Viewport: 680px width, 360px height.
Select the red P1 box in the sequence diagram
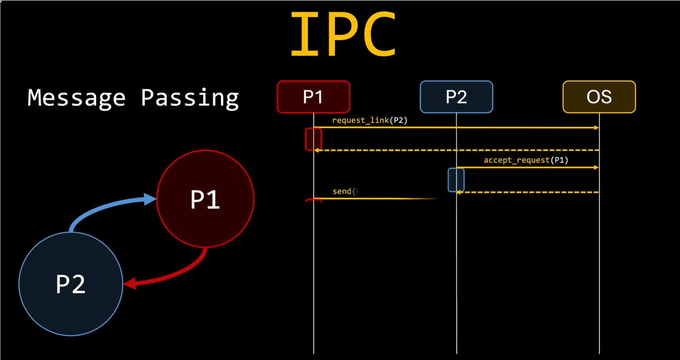click(313, 97)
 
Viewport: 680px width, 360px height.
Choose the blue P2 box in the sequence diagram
click(456, 97)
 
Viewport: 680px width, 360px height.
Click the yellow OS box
click(599, 97)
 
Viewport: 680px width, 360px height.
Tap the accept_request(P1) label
click(526, 160)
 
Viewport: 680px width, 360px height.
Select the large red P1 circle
click(205, 199)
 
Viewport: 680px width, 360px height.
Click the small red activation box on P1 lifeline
click(313, 139)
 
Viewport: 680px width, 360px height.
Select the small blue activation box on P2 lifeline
click(456, 180)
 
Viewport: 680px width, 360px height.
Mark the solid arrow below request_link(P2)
click(455, 127)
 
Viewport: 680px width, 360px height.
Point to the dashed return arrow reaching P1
click(455, 150)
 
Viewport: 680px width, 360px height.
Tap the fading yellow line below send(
click(374, 199)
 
